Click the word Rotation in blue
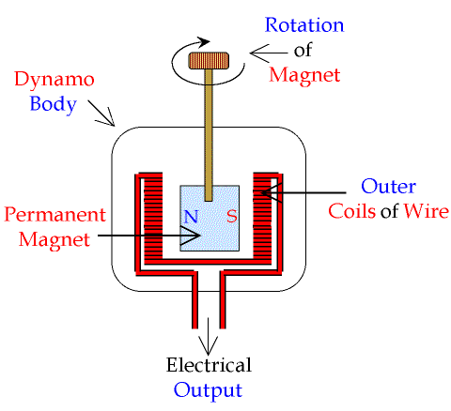coord(304,25)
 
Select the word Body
coord(54,104)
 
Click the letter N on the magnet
coord(191,216)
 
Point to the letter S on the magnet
coord(232,216)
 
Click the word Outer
coord(388,187)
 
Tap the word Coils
coord(351,211)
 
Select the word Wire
coord(427,211)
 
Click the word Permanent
coord(54,215)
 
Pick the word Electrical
coord(209,365)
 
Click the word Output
coord(209,390)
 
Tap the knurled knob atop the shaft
coord(209,60)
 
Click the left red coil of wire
coord(153,218)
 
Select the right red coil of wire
coord(262,218)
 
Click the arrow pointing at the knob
coord(269,53)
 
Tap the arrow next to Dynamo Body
coord(101,114)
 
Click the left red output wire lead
coord(194,300)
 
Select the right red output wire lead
coord(223,300)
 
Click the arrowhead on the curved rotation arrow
coord(203,41)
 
